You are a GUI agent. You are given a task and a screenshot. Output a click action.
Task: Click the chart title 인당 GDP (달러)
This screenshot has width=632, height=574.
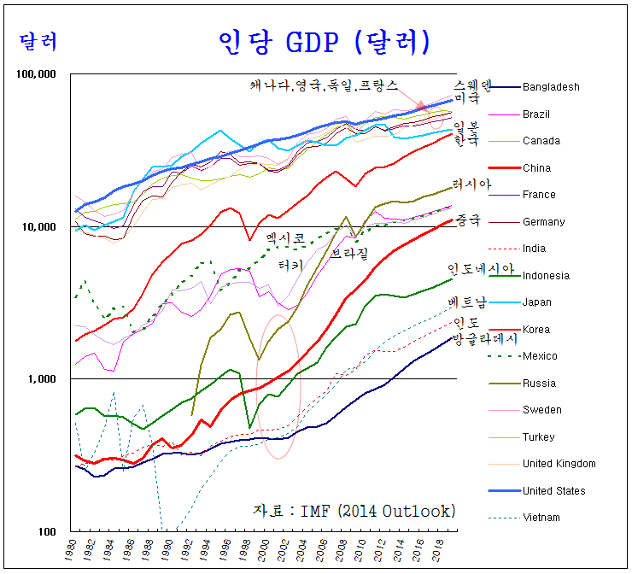coord(324,40)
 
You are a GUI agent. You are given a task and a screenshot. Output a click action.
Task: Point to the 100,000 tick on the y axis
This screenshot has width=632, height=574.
coord(37,74)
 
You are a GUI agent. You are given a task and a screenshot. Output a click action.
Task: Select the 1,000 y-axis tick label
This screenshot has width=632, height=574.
coord(42,379)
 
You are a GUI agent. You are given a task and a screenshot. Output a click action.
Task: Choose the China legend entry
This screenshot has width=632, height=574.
coord(536,168)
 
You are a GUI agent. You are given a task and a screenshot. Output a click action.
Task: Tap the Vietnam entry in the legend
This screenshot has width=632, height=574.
coord(541,518)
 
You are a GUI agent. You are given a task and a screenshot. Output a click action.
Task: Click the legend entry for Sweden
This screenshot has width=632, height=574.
coord(541,410)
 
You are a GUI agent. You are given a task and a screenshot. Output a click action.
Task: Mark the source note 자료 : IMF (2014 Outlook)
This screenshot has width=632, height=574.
coord(354,511)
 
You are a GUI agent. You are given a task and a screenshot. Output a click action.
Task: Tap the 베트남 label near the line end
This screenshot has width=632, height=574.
coord(469,303)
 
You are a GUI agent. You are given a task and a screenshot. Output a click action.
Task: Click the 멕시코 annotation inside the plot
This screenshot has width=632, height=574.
coord(286,237)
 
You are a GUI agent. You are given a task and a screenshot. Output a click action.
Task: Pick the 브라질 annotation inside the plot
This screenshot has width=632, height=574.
coord(349,255)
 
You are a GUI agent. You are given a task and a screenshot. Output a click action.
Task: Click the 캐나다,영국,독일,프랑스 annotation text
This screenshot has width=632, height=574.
coord(324,85)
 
